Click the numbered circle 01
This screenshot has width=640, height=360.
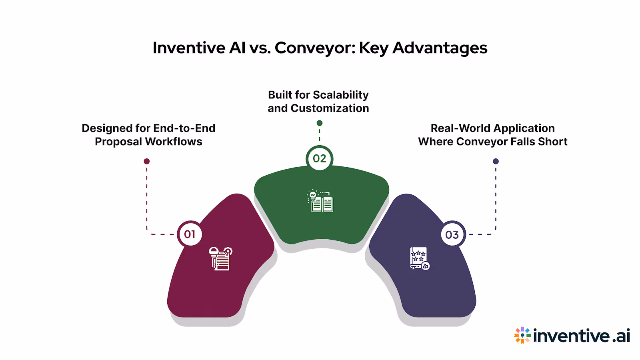190,234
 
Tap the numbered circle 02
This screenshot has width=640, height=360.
319,158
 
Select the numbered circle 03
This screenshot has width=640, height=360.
452,234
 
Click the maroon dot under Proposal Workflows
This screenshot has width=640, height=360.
147,161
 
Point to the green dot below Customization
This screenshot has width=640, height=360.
319,123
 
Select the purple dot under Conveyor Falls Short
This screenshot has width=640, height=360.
496,161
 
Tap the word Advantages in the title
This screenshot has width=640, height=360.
440,48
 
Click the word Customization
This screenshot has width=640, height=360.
330,108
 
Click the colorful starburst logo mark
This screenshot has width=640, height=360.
522,335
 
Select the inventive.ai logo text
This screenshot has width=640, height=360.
582,336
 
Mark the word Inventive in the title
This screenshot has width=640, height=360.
189,48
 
